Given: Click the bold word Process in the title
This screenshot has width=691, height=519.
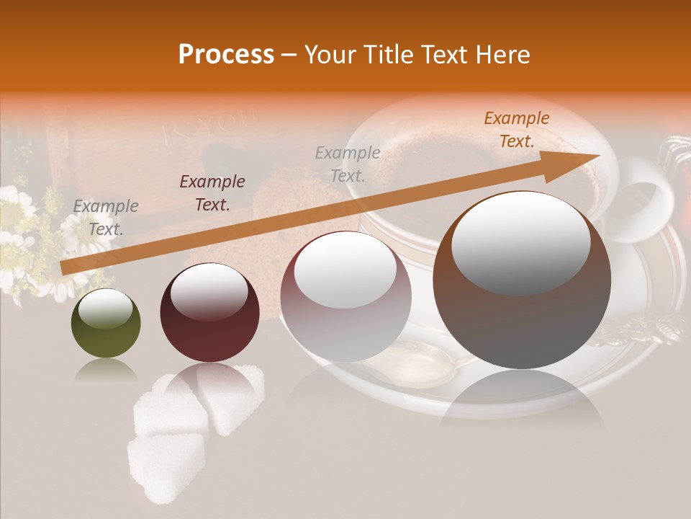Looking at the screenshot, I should tap(226, 55).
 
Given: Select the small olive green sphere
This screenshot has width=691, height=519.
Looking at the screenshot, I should tap(106, 324).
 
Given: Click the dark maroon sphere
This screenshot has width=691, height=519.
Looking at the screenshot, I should tap(209, 313).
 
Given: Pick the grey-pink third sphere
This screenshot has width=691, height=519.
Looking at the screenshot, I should tap(345, 296).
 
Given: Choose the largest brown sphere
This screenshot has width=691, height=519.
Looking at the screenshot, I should tap(522, 281).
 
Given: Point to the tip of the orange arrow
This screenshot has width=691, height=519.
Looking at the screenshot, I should tap(597, 156).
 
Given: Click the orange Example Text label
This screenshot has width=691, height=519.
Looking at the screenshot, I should tap(516, 130).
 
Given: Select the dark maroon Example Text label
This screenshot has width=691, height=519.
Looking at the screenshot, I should tap(212, 193).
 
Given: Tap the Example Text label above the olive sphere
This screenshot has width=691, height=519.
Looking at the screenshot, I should tap(106, 218).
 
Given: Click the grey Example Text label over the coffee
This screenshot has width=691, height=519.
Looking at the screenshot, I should tap(348, 164).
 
